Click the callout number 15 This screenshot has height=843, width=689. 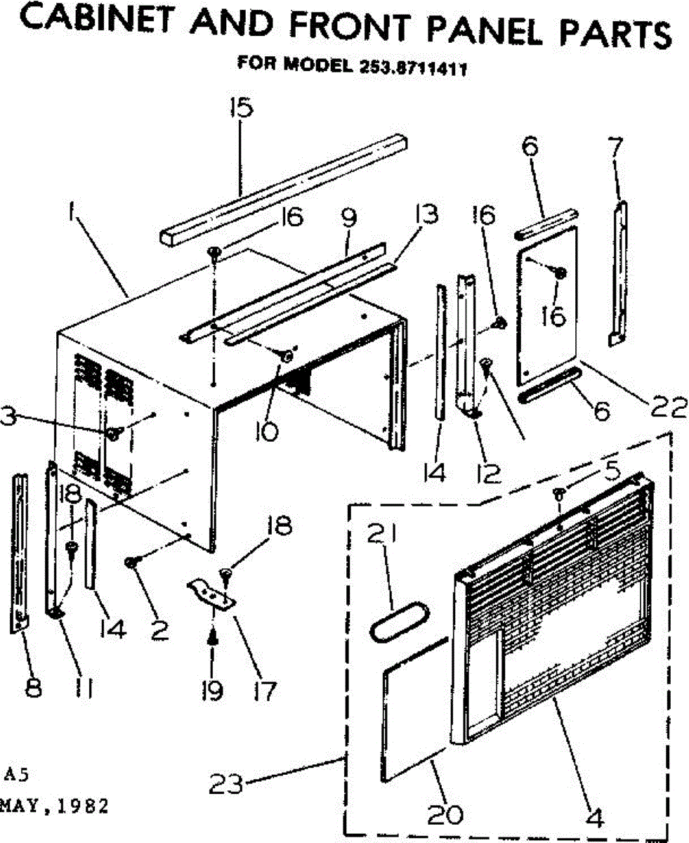(241, 110)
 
